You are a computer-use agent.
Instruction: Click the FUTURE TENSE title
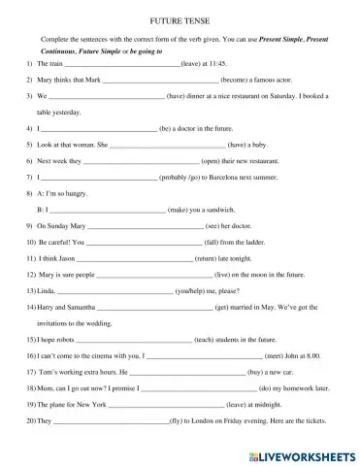(x=180, y=18)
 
